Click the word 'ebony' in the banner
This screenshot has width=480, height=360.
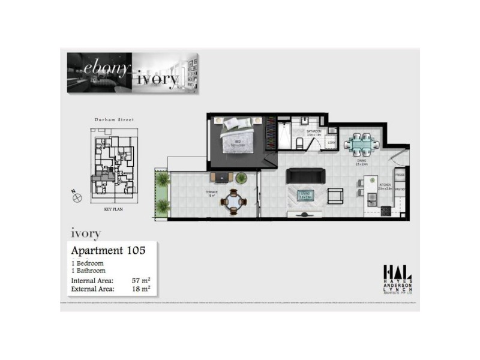[x=109, y=67]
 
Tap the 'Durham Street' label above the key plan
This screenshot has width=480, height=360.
[x=114, y=120]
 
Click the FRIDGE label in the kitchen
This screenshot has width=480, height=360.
[x=401, y=175]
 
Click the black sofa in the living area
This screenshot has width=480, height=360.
[x=305, y=176]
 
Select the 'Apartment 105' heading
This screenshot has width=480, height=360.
[x=108, y=250]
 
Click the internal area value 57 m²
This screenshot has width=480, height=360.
[x=141, y=280]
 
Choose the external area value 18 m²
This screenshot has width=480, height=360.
[x=141, y=289]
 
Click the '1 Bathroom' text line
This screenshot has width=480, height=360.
[x=88, y=271]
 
